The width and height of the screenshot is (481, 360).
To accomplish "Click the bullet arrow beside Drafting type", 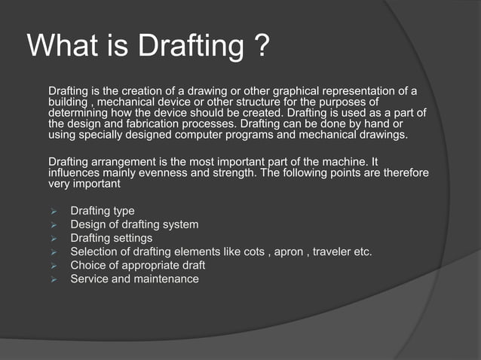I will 54,212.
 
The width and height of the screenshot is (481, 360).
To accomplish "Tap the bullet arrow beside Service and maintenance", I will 54,279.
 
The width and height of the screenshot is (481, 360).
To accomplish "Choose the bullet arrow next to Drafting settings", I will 54,239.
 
